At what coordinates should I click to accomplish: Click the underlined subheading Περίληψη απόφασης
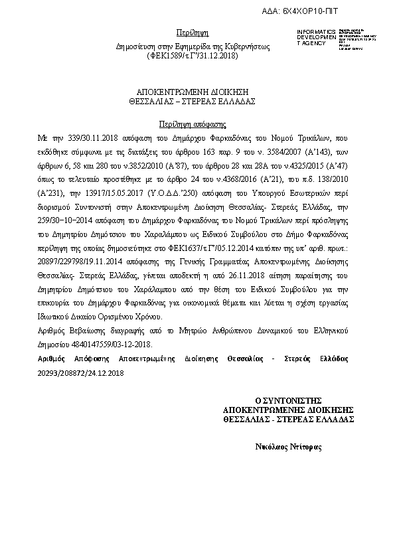point(193,123)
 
